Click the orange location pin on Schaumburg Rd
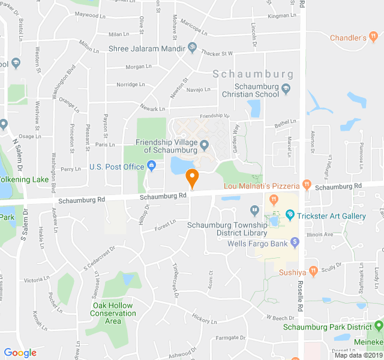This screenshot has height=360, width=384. (192, 177)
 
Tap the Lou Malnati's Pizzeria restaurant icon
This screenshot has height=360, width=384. (306, 185)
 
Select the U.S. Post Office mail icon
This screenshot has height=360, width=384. (152, 166)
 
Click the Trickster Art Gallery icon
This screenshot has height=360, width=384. (290, 214)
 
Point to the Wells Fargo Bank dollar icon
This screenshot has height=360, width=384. (295, 242)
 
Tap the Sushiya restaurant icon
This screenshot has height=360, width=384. (313, 271)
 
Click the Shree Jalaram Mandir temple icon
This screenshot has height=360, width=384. (192, 46)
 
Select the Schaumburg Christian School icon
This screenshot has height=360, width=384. (286, 89)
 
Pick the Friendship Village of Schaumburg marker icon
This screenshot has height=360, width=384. (204, 145)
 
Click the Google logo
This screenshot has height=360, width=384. (20, 353)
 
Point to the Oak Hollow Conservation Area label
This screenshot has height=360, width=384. (113, 313)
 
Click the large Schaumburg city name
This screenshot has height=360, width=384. (253, 75)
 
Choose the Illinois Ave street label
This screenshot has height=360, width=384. (320, 235)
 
